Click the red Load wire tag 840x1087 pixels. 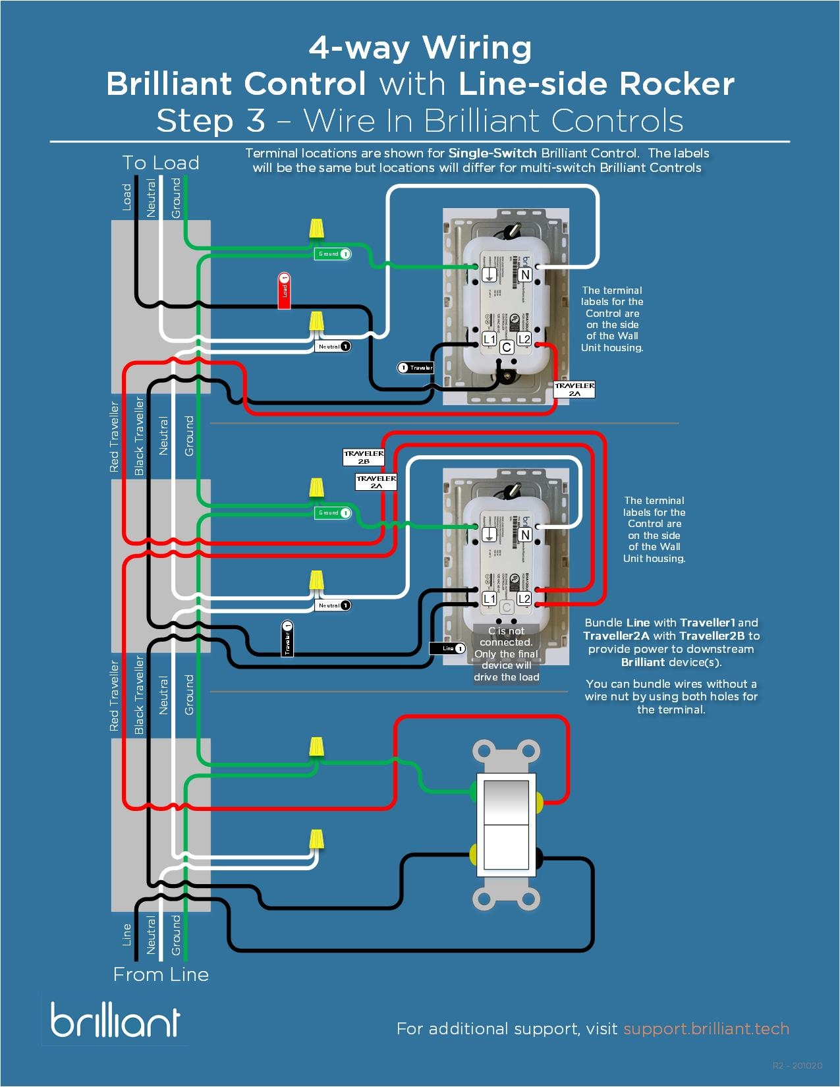click(284, 290)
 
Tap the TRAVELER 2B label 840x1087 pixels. click(363, 457)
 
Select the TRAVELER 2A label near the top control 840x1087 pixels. click(574, 389)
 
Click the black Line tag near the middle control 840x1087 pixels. click(448, 648)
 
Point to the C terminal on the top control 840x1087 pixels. click(506, 347)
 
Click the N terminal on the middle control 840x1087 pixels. click(524, 535)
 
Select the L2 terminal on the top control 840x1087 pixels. click(524, 339)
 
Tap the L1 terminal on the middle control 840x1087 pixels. click(489, 598)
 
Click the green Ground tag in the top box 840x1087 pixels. click(333, 254)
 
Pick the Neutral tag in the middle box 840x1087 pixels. click(333, 605)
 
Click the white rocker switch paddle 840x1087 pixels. click(506, 824)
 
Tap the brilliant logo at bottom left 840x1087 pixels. click(115, 1020)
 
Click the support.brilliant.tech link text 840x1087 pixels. click(706, 1029)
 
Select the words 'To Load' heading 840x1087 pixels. click(161, 163)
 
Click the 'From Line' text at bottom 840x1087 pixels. click(161, 974)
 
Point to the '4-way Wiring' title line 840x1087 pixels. click(420, 47)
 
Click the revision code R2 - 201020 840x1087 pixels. click(797, 1065)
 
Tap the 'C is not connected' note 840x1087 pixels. click(506, 654)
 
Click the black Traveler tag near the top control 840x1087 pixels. click(416, 368)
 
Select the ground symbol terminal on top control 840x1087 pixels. click(489, 275)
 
